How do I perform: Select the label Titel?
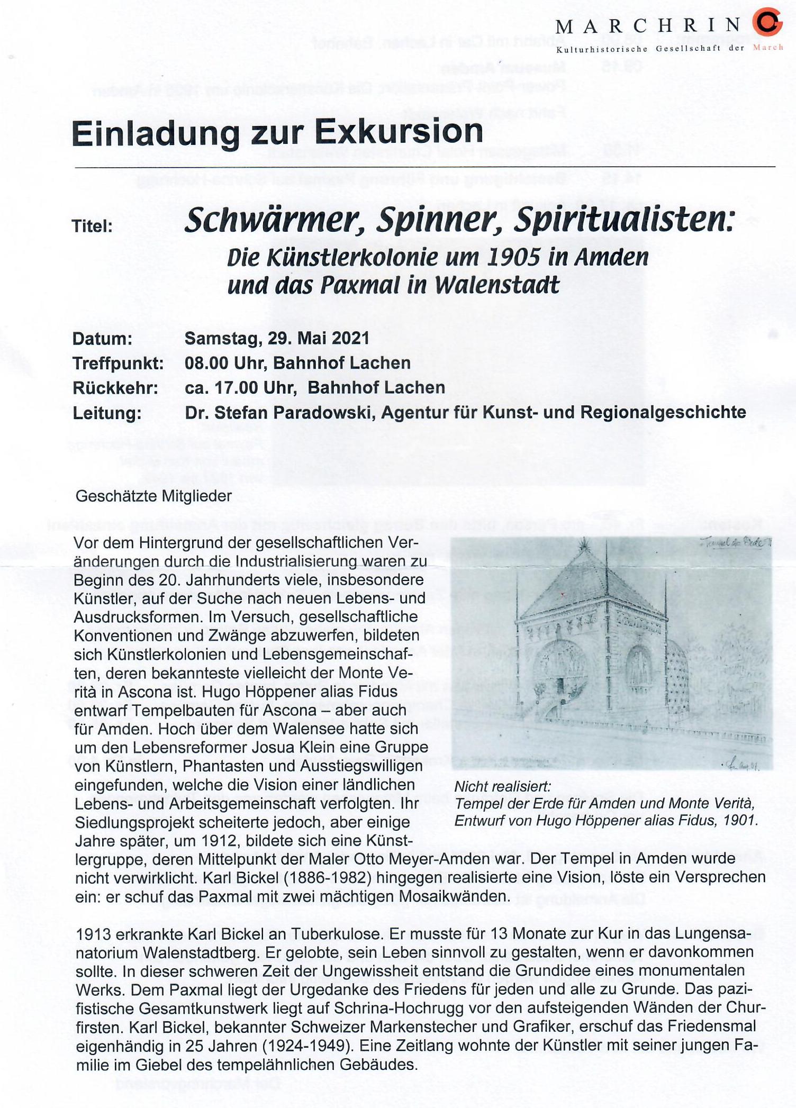pos(93,226)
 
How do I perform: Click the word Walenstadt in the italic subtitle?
pos(496,286)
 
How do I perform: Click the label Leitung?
pos(107,413)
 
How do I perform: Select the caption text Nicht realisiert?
pos(502,787)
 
